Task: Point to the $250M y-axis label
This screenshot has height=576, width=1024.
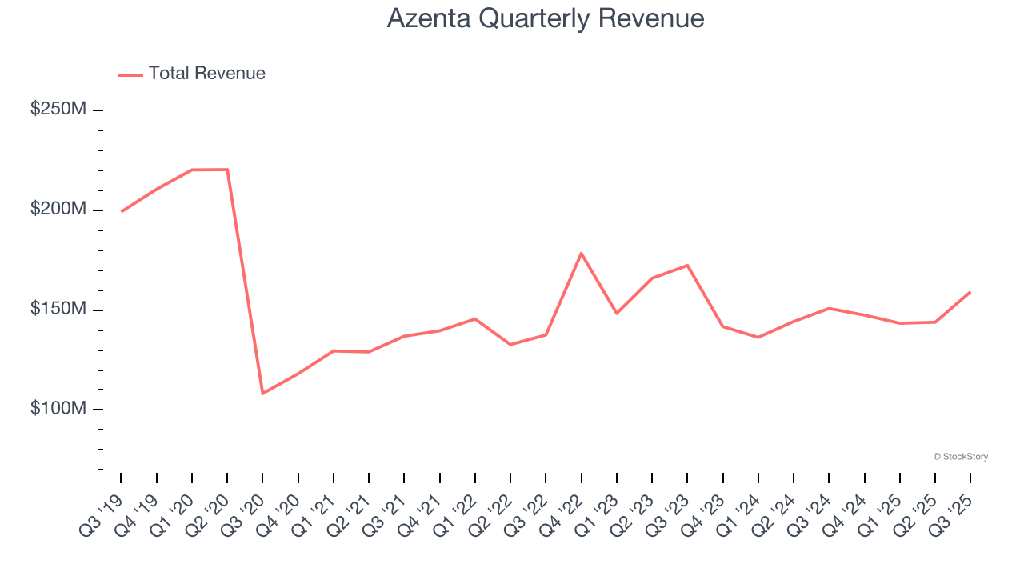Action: pos(58,109)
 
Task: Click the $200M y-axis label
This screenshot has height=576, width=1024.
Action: pos(58,209)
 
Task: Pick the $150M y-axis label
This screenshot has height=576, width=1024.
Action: pos(58,309)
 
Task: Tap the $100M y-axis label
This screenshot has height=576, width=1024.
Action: pos(58,409)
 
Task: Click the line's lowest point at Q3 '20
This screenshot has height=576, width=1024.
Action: pos(262,394)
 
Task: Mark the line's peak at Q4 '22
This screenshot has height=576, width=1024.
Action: pos(581,253)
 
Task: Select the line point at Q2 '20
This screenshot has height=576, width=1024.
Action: pos(227,170)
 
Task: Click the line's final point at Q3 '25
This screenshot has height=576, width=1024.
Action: pos(970,292)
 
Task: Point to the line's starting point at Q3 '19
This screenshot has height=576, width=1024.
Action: pos(121,212)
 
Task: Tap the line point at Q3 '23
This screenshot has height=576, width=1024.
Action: pos(687,265)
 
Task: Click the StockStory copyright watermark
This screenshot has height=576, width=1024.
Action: pos(960,457)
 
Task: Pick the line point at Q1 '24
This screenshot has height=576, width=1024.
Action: pos(758,338)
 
